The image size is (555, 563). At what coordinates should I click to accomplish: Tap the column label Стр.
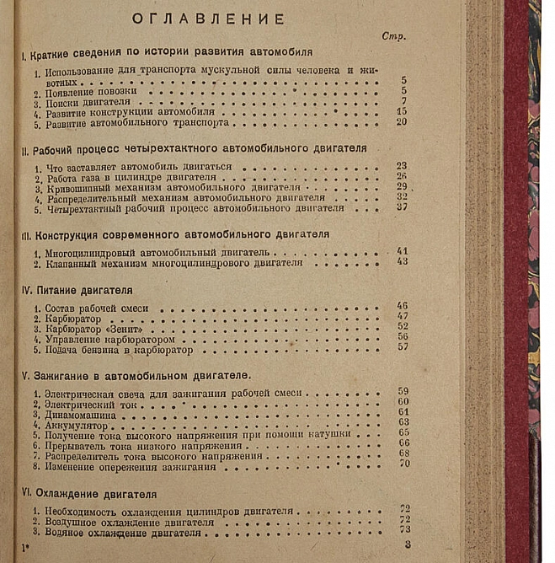coord(394,37)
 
